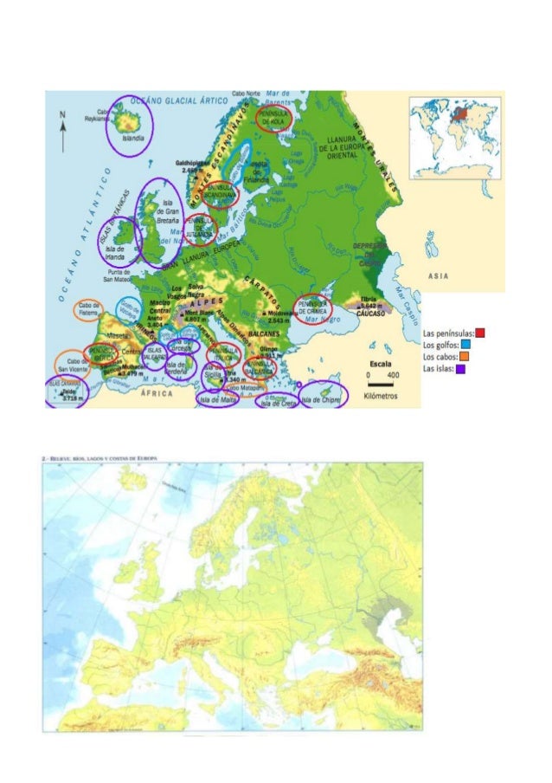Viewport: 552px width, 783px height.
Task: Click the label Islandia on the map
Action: coord(132,139)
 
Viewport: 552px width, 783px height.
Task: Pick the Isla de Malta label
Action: coord(217,400)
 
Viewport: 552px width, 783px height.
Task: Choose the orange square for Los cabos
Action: coord(465,356)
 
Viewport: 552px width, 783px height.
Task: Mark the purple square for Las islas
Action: coord(460,368)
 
